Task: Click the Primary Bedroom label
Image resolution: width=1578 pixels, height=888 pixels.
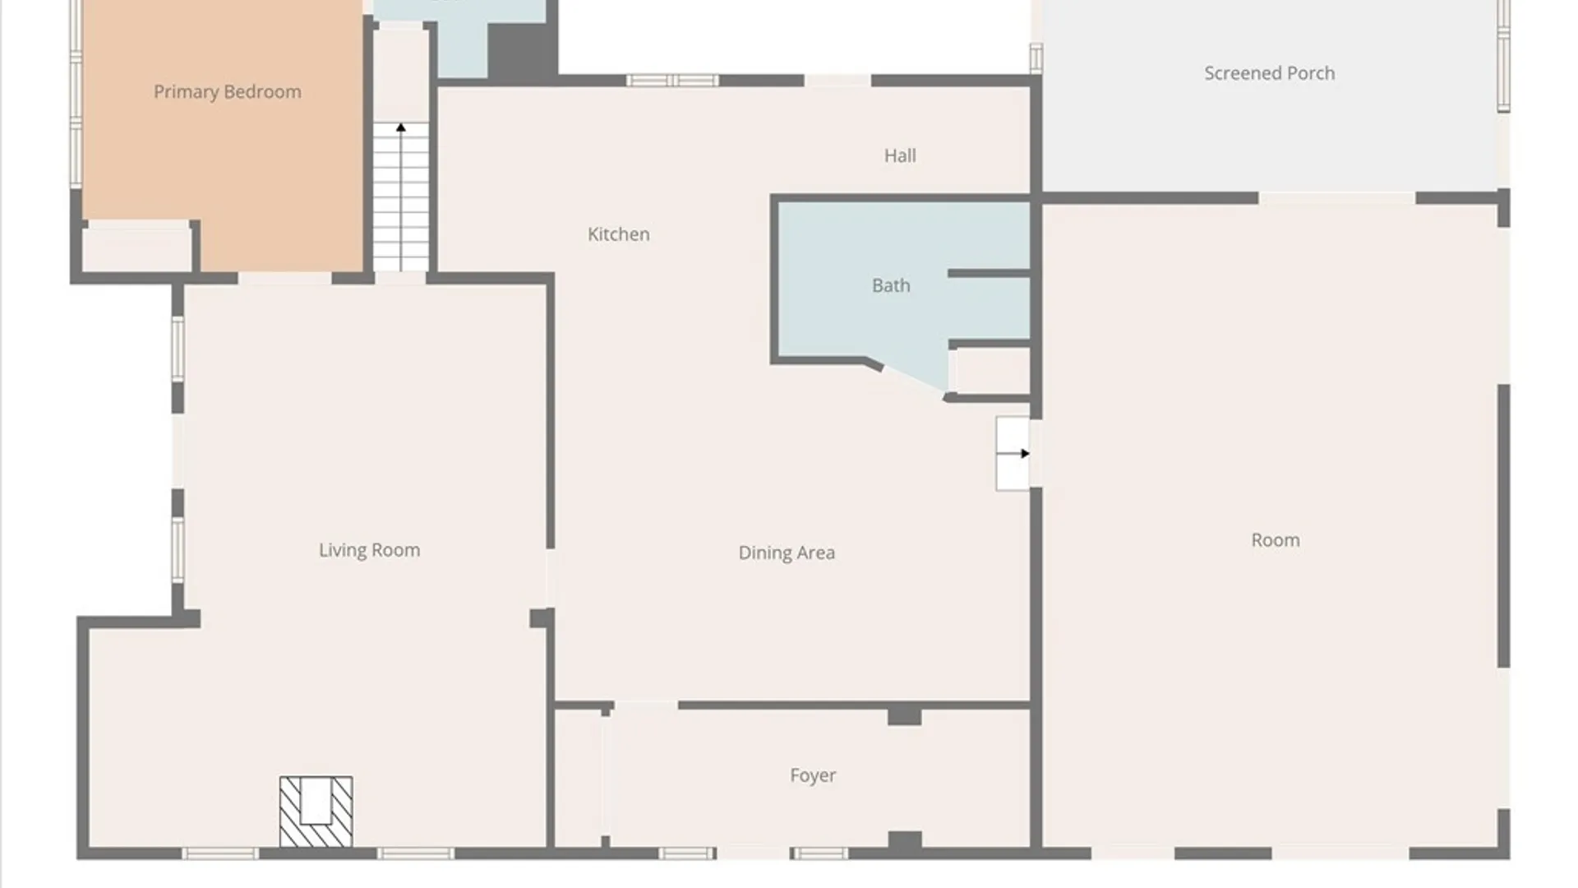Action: [228, 92]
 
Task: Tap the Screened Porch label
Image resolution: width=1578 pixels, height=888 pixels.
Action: [1270, 73]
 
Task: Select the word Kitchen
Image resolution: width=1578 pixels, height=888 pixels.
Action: [619, 234]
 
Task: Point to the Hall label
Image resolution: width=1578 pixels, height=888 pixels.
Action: [900, 155]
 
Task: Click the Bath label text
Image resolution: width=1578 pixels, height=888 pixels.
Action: [891, 285]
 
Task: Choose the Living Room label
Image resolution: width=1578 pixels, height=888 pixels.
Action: [369, 550]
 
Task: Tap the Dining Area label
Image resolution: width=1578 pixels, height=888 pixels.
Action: [787, 553]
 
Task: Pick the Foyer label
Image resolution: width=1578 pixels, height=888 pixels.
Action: [813, 775]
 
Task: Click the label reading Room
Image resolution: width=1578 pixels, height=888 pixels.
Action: [1276, 540]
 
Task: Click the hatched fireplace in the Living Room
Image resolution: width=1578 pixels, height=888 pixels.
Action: [316, 812]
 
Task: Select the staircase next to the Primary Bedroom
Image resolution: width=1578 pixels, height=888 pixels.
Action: [401, 197]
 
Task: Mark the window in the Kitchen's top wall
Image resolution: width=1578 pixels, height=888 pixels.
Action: [672, 81]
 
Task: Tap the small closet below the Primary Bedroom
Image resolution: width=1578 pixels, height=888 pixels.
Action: [136, 249]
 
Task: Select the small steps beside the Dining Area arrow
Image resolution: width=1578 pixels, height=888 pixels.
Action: [1013, 454]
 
